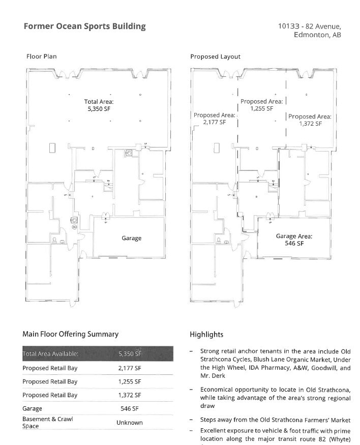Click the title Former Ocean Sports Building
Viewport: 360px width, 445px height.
[84, 26]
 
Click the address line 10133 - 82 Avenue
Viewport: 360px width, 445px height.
[309, 26]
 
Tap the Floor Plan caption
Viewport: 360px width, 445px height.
[41, 56]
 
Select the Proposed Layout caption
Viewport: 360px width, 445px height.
[215, 56]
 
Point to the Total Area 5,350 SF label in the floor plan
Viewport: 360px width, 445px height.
[99, 105]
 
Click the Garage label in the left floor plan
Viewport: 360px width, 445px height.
[131, 238]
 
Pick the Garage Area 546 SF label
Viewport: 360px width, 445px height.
[294, 240]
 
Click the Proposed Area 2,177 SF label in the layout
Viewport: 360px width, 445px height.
[214, 119]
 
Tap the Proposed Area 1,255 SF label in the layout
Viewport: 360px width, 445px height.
[261, 105]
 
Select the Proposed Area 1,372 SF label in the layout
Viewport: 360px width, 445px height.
[310, 120]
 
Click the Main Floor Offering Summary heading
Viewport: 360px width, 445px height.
[70, 334]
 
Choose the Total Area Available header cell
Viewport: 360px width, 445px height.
[50, 354]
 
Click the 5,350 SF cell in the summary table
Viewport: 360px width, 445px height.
[129, 354]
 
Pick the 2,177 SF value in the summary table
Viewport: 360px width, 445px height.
[129, 368]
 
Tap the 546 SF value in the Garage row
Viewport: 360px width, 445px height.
[129, 408]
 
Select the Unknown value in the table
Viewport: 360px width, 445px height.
[129, 423]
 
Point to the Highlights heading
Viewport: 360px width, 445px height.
[206, 335]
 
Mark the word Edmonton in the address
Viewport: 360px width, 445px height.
[311, 35]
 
